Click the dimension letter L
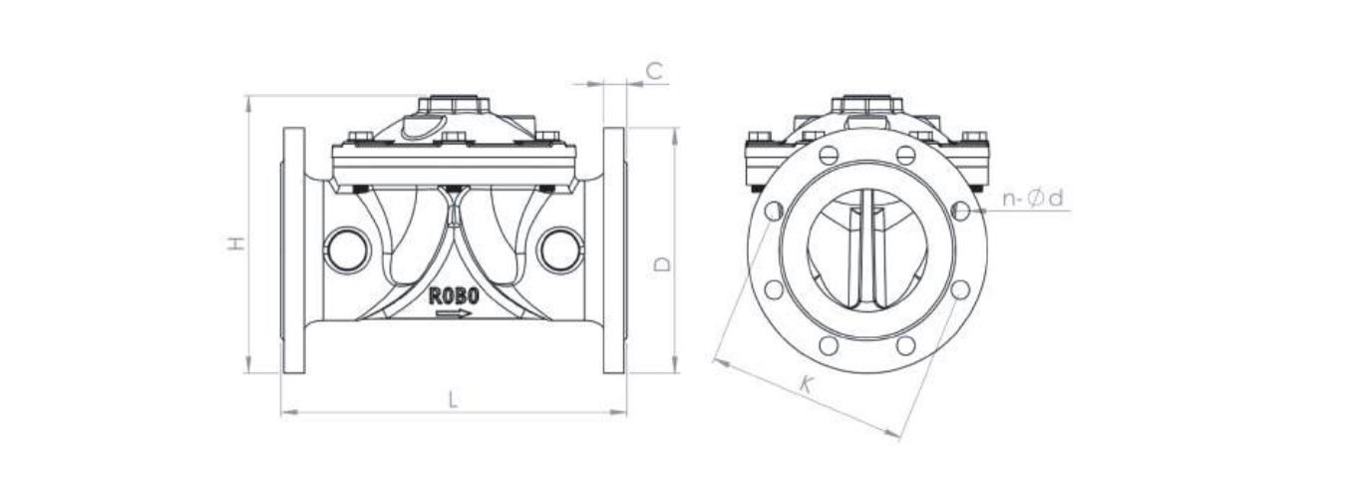[454, 399]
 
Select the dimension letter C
[654, 71]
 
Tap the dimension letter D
[662, 263]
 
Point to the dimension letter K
[806, 384]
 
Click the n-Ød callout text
[1033, 198]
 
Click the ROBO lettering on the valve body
[454, 296]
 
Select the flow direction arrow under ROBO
[454, 313]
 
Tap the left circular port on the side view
[347, 249]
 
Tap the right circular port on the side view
[559, 249]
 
